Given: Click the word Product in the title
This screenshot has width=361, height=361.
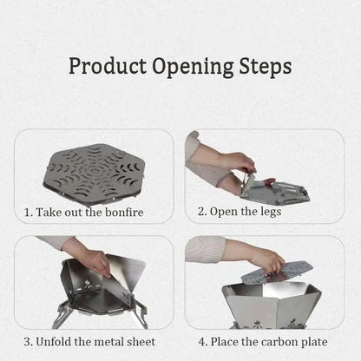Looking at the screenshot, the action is pos(108,67).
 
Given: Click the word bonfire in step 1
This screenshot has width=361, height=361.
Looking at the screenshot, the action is pos(124,213).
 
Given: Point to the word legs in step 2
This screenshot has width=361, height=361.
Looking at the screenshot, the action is pos(271,212).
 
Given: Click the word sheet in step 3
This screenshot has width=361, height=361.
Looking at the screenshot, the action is pos(141,342).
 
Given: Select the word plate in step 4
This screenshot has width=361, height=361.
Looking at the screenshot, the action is pos(314,343).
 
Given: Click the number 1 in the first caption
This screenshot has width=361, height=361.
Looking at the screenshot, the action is pos(27,213).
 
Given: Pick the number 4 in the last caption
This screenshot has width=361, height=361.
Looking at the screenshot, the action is pos(201,342).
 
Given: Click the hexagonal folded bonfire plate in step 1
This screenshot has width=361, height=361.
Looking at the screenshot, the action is pos(94,171).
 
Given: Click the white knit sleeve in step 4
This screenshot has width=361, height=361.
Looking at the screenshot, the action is pos(205,249).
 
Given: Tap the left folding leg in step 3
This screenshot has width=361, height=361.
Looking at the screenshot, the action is pos(62,315).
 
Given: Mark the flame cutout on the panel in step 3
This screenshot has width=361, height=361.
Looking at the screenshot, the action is pos(88,285).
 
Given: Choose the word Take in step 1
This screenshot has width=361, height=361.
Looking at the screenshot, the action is pos(49,213).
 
